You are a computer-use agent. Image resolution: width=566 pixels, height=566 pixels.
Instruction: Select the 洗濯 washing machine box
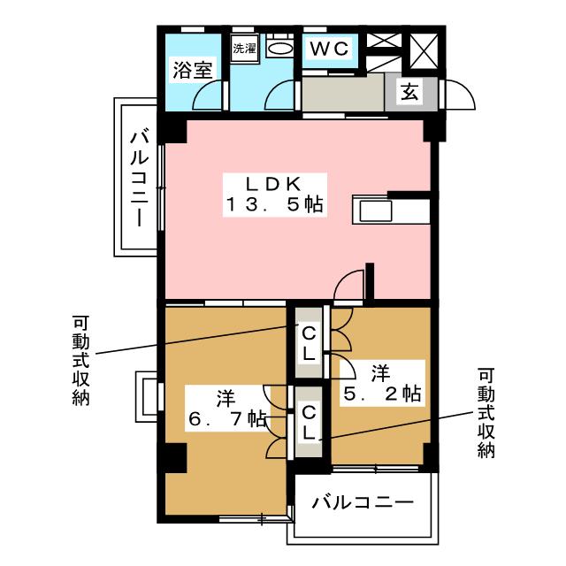243,49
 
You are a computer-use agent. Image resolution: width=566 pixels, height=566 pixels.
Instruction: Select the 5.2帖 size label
380,393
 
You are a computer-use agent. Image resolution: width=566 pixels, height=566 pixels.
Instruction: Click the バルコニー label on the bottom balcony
363,503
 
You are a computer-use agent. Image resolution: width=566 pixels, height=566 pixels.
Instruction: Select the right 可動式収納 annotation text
486,413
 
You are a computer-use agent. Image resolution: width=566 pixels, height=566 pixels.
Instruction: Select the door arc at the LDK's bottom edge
348,287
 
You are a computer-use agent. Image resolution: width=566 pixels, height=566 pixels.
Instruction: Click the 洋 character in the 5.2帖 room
380,372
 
